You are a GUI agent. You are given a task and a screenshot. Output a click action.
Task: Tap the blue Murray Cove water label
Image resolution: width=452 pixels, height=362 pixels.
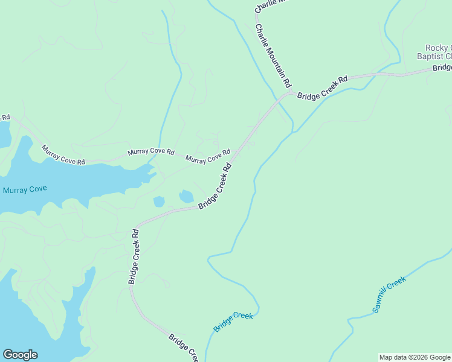25,189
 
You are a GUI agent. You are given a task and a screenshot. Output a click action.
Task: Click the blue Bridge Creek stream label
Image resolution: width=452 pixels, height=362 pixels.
233,321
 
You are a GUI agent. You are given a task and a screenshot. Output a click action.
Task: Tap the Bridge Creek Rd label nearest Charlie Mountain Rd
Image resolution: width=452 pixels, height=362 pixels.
322,88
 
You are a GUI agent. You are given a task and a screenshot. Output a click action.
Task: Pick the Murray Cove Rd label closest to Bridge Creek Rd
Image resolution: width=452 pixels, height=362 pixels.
208,156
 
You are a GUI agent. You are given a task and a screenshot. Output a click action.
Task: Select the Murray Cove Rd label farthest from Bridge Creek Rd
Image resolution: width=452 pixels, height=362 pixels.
63,154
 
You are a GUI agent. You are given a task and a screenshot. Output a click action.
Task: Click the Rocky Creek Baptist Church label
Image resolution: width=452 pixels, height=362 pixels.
437,52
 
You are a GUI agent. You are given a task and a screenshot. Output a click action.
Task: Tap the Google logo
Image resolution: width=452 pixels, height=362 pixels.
20,355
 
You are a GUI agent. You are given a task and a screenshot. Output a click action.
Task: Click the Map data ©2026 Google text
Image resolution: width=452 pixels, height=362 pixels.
415,357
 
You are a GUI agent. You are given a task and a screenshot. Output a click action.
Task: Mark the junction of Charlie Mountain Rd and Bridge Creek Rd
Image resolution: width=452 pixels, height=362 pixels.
290,94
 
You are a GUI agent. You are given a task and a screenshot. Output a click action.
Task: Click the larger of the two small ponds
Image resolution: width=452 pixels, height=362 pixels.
186,196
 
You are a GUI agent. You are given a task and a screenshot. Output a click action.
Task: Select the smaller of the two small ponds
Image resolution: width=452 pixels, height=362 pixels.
160,201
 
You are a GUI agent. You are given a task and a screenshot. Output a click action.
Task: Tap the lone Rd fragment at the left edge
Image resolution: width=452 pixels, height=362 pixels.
5,117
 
